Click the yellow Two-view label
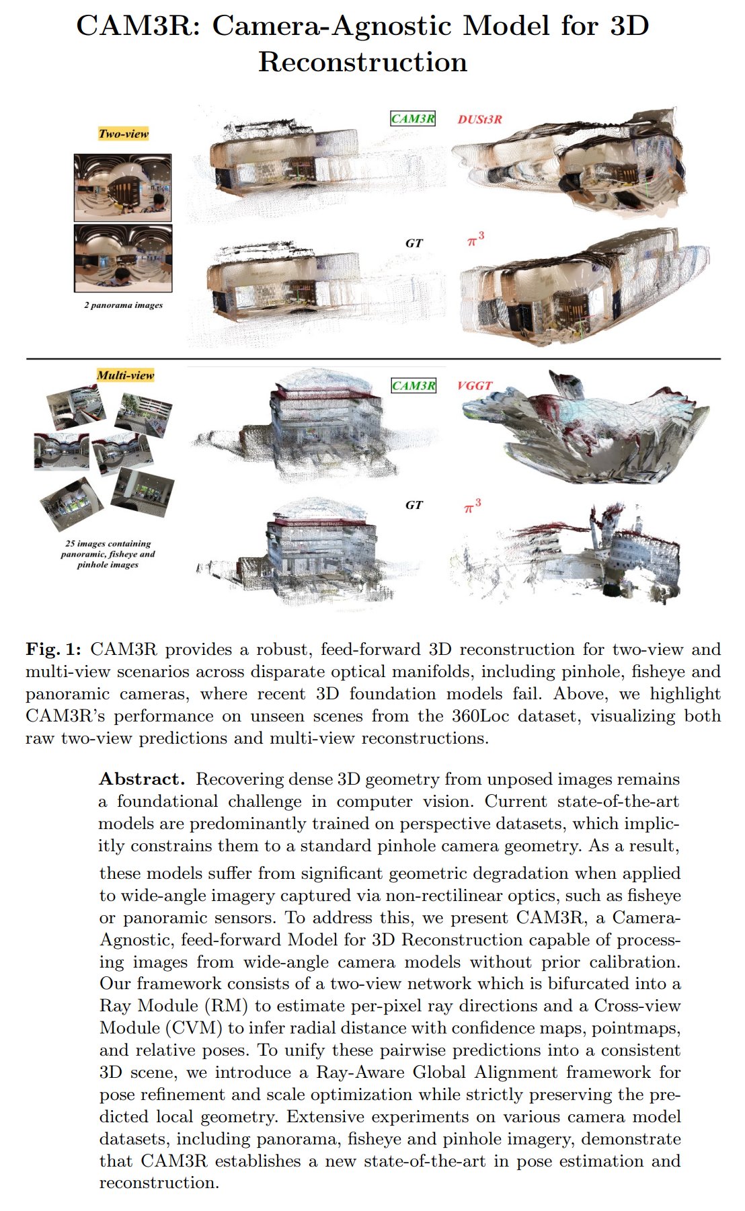point(123,134)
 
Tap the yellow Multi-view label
point(125,375)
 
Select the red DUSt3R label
point(479,120)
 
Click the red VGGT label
point(474,386)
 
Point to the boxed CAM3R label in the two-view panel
point(413,119)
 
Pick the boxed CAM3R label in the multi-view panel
point(414,386)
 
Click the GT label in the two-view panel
point(414,243)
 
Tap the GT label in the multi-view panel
point(414,505)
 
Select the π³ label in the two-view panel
point(476,239)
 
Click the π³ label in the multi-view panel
point(473,506)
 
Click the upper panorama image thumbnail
point(122,188)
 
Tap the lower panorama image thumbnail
point(122,258)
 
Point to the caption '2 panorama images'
point(123,305)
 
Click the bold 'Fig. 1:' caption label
point(53,650)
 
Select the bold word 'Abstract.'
point(141,779)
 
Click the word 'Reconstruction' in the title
point(362,63)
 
